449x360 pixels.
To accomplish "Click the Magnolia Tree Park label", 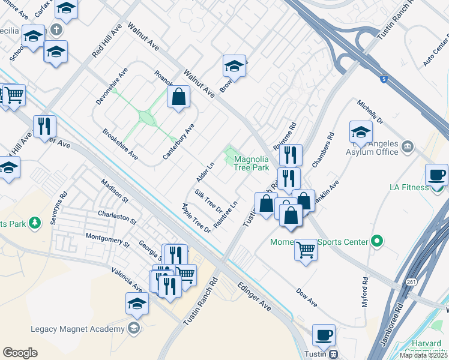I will [251, 164].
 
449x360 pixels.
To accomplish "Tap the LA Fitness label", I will [410, 188].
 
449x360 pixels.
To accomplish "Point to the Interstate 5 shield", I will [383, 78].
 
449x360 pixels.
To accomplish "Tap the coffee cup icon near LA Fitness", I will [437, 175].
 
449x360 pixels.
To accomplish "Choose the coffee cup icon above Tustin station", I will [324, 334].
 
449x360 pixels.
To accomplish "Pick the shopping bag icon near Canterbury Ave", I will [178, 97].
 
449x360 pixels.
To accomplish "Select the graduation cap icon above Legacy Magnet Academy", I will [137, 303].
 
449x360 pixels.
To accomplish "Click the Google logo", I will [20, 353].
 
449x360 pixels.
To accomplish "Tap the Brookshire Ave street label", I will [120, 144].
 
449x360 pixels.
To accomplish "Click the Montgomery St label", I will [107, 241].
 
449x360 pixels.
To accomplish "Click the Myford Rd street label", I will [365, 292].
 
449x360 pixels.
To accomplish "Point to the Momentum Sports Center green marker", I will [377, 242].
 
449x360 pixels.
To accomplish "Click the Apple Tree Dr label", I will [196, 218].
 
